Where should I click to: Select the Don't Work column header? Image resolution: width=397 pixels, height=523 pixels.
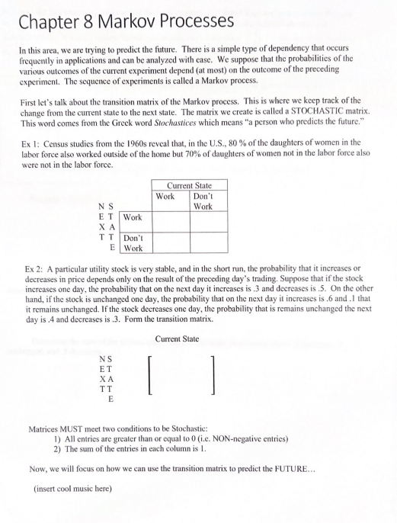pyautogui.click(x=202, y=201)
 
